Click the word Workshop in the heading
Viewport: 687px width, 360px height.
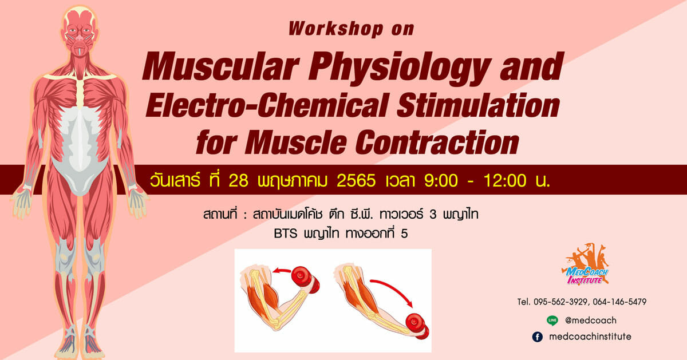336,29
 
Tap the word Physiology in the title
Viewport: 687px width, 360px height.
399,68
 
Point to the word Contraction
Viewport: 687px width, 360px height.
437,143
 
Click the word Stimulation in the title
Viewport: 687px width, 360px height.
479,106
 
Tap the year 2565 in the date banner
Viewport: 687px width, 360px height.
356,181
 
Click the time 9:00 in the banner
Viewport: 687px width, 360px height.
441,181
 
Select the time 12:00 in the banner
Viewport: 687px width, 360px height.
505,181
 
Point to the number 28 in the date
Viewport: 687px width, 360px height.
238,181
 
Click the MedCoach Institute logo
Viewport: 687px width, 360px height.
585,264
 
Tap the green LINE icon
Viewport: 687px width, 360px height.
552,321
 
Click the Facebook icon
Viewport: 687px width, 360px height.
538,337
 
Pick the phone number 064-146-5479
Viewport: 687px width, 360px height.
619,302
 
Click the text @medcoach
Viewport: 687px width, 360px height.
591,321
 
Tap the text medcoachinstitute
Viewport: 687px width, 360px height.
590,337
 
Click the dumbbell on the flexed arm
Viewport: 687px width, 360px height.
305,279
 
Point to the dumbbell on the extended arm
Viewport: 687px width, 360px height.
417,326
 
